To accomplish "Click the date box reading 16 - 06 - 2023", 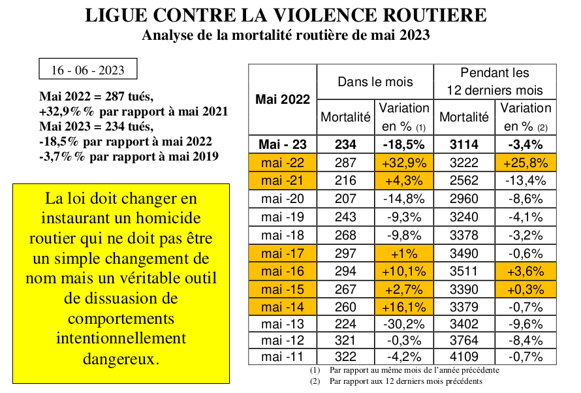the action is [x=88, y=69].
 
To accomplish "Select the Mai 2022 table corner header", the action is [x=283, y=99].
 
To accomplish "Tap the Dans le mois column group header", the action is [x=375, y=82].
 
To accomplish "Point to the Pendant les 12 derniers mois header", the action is [x=495, y=82].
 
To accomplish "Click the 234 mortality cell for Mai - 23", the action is [x=346, y=144].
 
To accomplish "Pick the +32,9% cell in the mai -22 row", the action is [x=404, y=163].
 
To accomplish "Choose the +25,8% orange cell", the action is [x=526, y=163].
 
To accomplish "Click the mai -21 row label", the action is [x=283, y=180].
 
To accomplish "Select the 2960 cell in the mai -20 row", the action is [x=464, y=198].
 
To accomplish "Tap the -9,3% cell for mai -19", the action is [x=404, y=217].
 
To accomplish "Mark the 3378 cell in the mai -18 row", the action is [x=464, y=235].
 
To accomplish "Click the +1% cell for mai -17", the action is [x=404, y=253].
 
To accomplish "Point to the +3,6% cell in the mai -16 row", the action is [x=526, y=271].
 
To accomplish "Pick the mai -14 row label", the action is [x=283, y=307].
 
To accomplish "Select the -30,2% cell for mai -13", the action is [x=404, y=324].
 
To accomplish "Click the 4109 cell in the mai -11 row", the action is [x=464, y=356].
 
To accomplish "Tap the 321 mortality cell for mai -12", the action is [x=346, y=340].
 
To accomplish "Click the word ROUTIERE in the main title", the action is [x=434, y=15].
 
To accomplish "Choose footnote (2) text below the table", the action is [x=396, y=381].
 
